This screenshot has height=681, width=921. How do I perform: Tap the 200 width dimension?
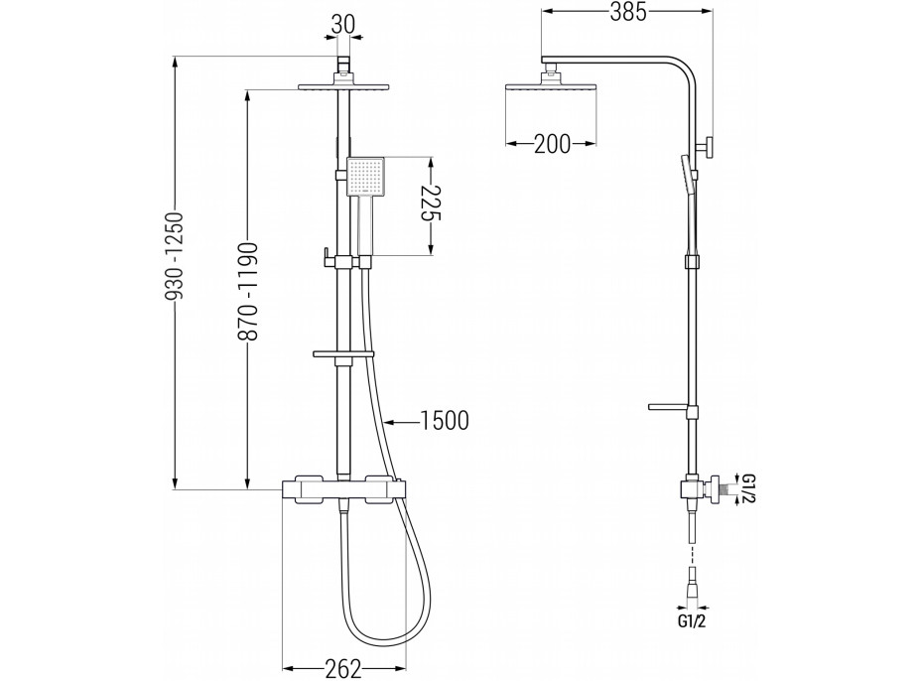(551, 144)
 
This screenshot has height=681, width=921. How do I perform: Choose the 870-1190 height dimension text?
(248, 291)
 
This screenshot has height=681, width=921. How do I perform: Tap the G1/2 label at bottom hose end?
(694, 622)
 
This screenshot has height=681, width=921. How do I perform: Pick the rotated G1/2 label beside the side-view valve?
(748, 489)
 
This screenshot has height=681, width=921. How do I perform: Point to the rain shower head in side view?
(550, 87)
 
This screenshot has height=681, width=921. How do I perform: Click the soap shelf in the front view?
(343, 352)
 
